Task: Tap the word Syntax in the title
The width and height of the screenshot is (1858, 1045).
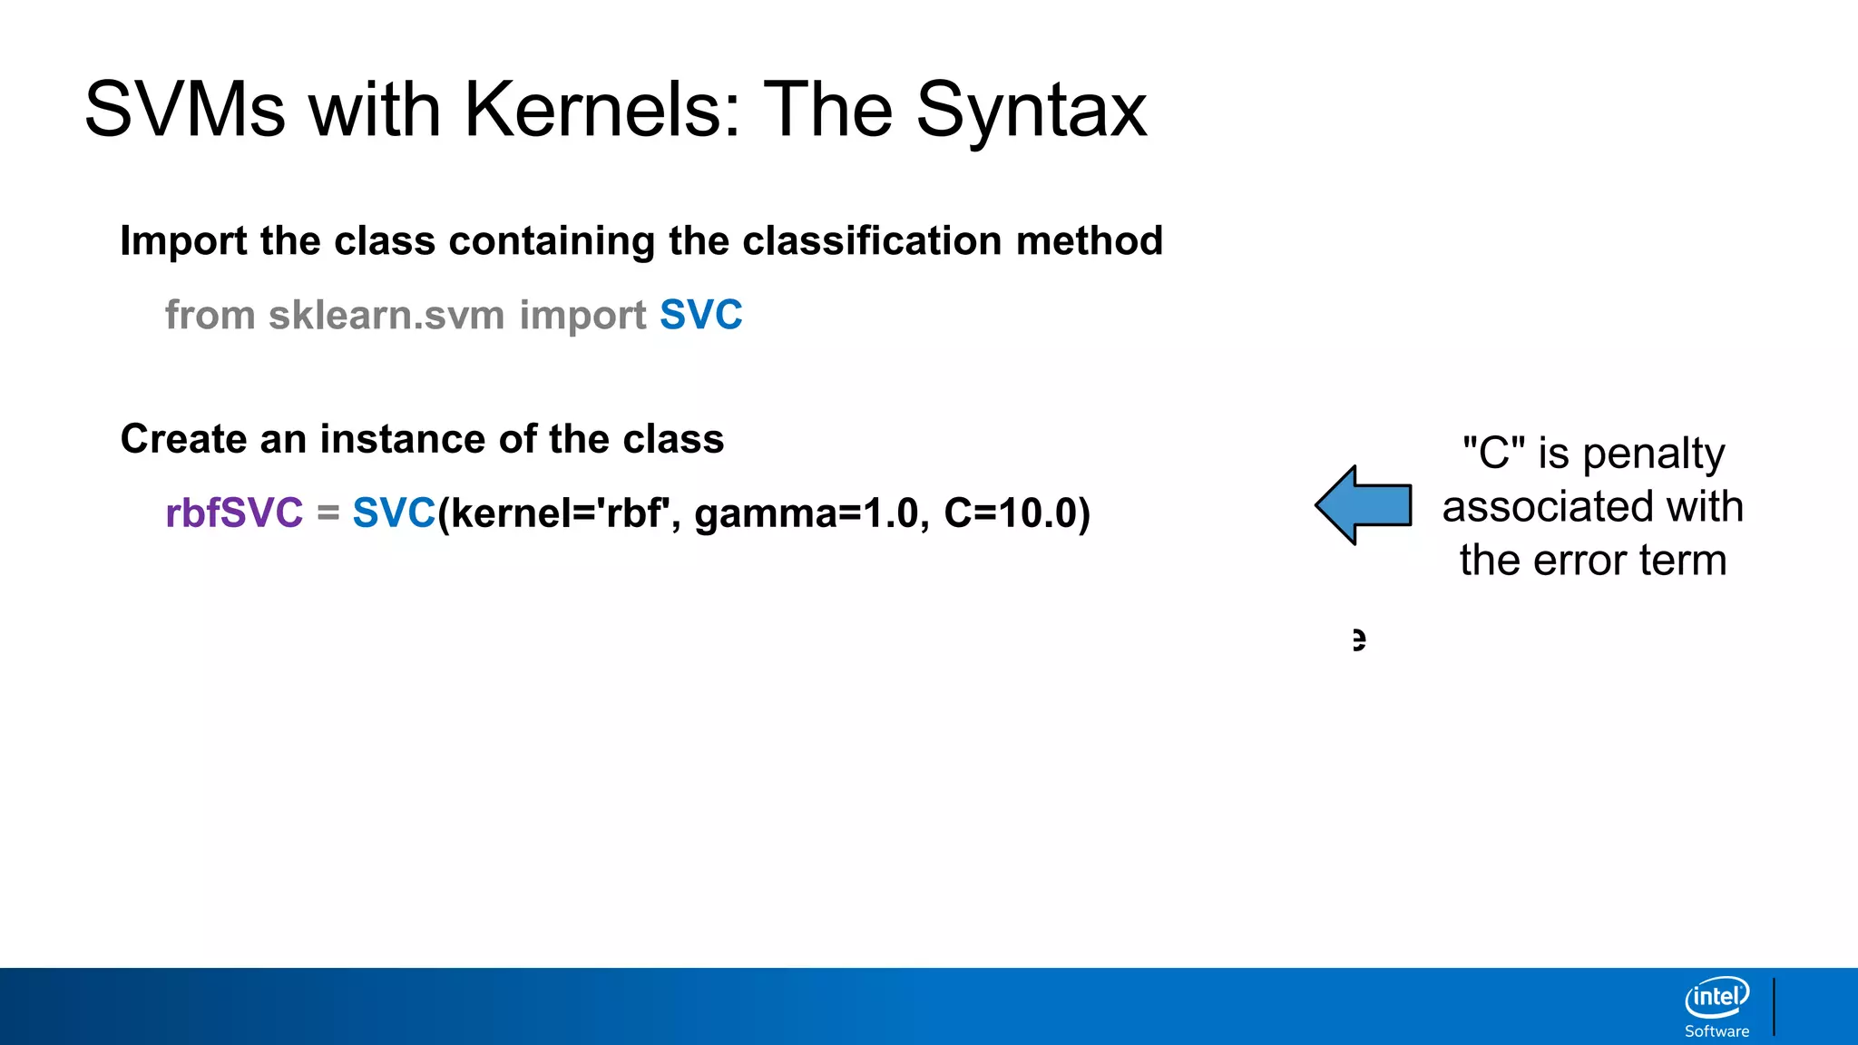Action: coord(1032,110)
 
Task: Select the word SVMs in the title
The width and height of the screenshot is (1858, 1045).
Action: coord(185,110)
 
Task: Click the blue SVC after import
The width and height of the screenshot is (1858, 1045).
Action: coord(700,316)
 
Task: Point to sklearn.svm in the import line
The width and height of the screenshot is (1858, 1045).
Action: coord(386,316)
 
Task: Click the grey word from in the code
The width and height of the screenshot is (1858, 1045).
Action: coord(210,316)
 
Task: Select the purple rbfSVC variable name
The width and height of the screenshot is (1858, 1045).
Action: coord(234,513)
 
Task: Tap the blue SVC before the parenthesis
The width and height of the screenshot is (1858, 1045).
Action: coord(394,513)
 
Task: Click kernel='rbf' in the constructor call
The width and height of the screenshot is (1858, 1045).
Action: coord(557,513)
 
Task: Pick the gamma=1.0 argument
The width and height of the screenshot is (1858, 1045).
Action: coord(806,513)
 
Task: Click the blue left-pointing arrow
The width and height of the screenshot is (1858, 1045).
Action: coord(1363,505)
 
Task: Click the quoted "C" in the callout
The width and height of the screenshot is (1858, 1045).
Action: coord(1493,453)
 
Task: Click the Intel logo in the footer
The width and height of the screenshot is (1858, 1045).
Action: coord(1716,997)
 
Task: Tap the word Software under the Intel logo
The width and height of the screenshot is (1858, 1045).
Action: coord(1716,1031)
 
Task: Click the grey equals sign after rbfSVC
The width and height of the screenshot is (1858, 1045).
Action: coord(328,513)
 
